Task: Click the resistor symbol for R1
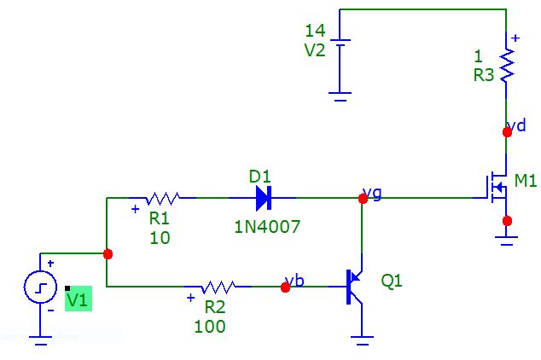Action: coord(162,198)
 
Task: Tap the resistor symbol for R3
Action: coord(507,65)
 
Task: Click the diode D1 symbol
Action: coord(262,199)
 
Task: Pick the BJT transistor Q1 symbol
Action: coord(355,287)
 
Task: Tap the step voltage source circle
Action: coord(40,288)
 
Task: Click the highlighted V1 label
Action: coord(78,299)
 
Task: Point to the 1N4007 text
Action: coord(268,227)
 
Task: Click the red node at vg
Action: coord(364,198)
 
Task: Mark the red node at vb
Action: coord(285,287)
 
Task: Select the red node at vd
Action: coord(507,131)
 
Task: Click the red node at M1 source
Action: coord(507,221)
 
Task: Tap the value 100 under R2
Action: coord(210,326)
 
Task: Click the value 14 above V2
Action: coord(315,32)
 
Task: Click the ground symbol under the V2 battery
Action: coord(340,97)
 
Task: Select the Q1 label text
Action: coord(392,281)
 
